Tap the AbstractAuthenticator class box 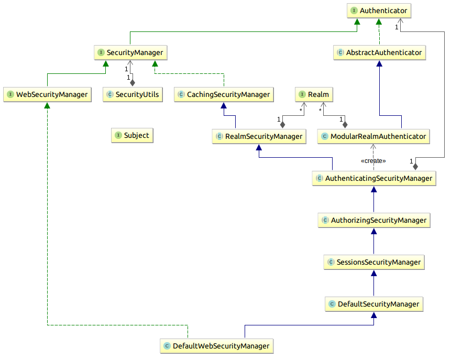(x=379, y=52)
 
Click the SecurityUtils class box (x=132, y=94)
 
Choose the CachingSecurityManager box (x=224, y=94)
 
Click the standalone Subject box (x=132, y=135)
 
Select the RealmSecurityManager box (x=259, y=136)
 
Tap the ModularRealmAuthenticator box (x=373, y=136)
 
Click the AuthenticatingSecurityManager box (x=373, y=178)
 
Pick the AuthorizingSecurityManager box (x=373, y=220)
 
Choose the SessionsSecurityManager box (x=373, y=262)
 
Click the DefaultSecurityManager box (x=373, y=304)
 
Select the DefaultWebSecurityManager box (x=216, y=346)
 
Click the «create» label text (x=373, y=161)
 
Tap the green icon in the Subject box (x=118, y=135)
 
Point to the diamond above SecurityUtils (x=133, y=82)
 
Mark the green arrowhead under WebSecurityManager (x=47, y=106)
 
